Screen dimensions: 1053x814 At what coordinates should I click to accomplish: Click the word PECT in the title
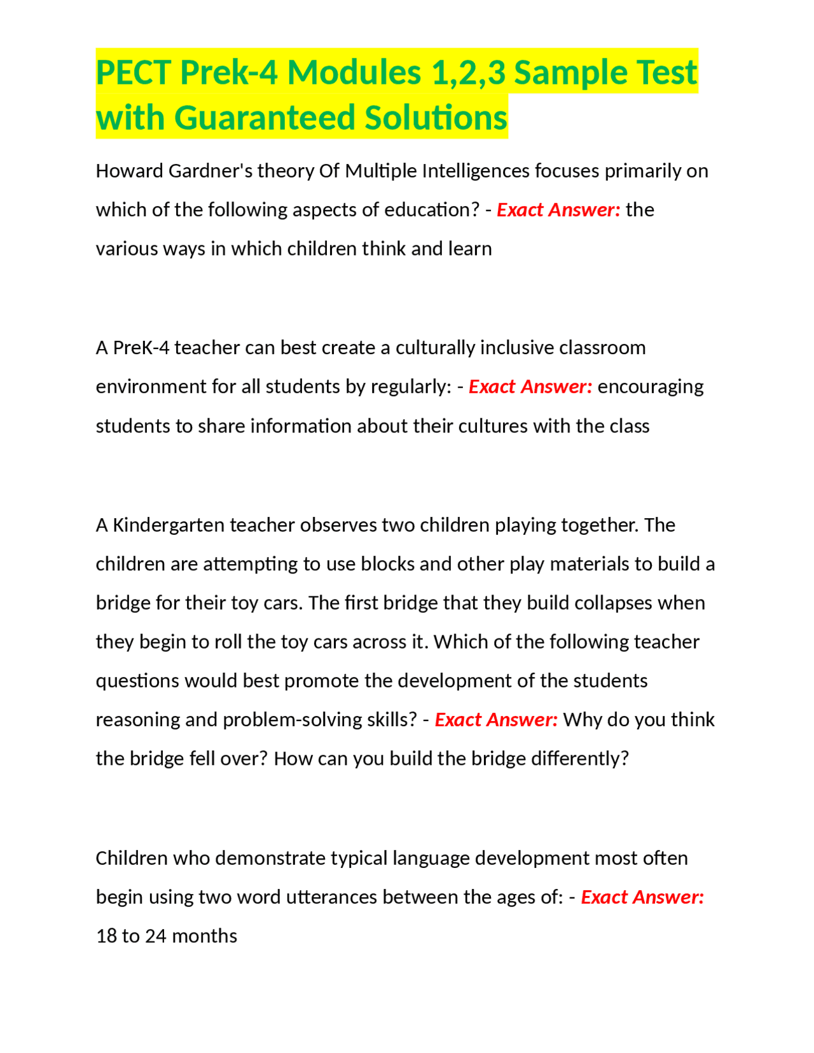coord(134,72)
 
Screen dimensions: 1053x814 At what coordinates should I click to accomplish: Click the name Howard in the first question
coord(129,171)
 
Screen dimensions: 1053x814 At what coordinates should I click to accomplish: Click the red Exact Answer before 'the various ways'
coord(558,210)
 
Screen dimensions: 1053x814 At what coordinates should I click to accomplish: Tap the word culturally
coord(435,348)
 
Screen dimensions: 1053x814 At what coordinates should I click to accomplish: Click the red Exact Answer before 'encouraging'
coord(530,387)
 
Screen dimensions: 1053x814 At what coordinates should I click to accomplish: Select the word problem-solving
coord(293,720)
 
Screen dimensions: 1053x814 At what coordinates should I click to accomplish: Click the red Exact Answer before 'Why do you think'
coord(496,720)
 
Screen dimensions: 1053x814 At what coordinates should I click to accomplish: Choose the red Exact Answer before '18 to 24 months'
coord(642,897)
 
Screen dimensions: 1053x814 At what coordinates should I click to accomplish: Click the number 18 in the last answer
coord(106,936)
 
